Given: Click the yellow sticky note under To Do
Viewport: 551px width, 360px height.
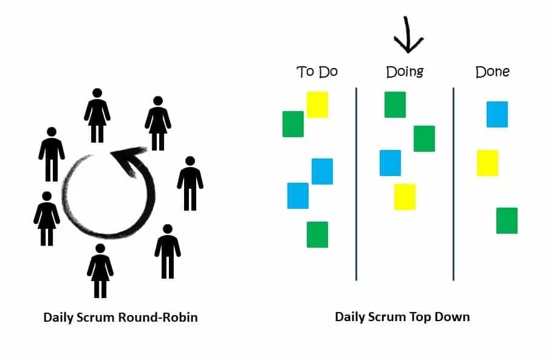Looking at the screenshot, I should (317, 104).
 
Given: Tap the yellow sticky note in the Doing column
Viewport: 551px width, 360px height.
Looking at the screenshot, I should (405, 197).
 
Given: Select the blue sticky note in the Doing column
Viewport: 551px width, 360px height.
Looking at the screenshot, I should (390, 163).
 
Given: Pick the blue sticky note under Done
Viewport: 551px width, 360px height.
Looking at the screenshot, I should (497, 114).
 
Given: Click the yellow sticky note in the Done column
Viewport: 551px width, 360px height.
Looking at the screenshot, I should (487, 163).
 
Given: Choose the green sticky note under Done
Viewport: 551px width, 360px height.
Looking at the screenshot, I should (507, 220).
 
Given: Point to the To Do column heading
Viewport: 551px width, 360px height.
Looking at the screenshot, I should (317, 72).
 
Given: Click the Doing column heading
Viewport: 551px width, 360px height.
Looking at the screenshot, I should (405, 72).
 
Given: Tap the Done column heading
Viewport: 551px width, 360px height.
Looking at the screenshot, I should (492, 72).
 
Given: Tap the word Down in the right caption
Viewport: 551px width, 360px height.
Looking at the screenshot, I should (454, 317).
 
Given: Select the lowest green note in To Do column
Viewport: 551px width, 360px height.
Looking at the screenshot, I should (317, 234).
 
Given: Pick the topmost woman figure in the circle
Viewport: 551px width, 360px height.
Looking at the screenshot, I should (97, 115).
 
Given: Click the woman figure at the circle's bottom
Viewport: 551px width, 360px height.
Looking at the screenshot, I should (100, 270).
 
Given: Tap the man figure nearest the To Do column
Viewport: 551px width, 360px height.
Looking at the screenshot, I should (190, 183).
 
